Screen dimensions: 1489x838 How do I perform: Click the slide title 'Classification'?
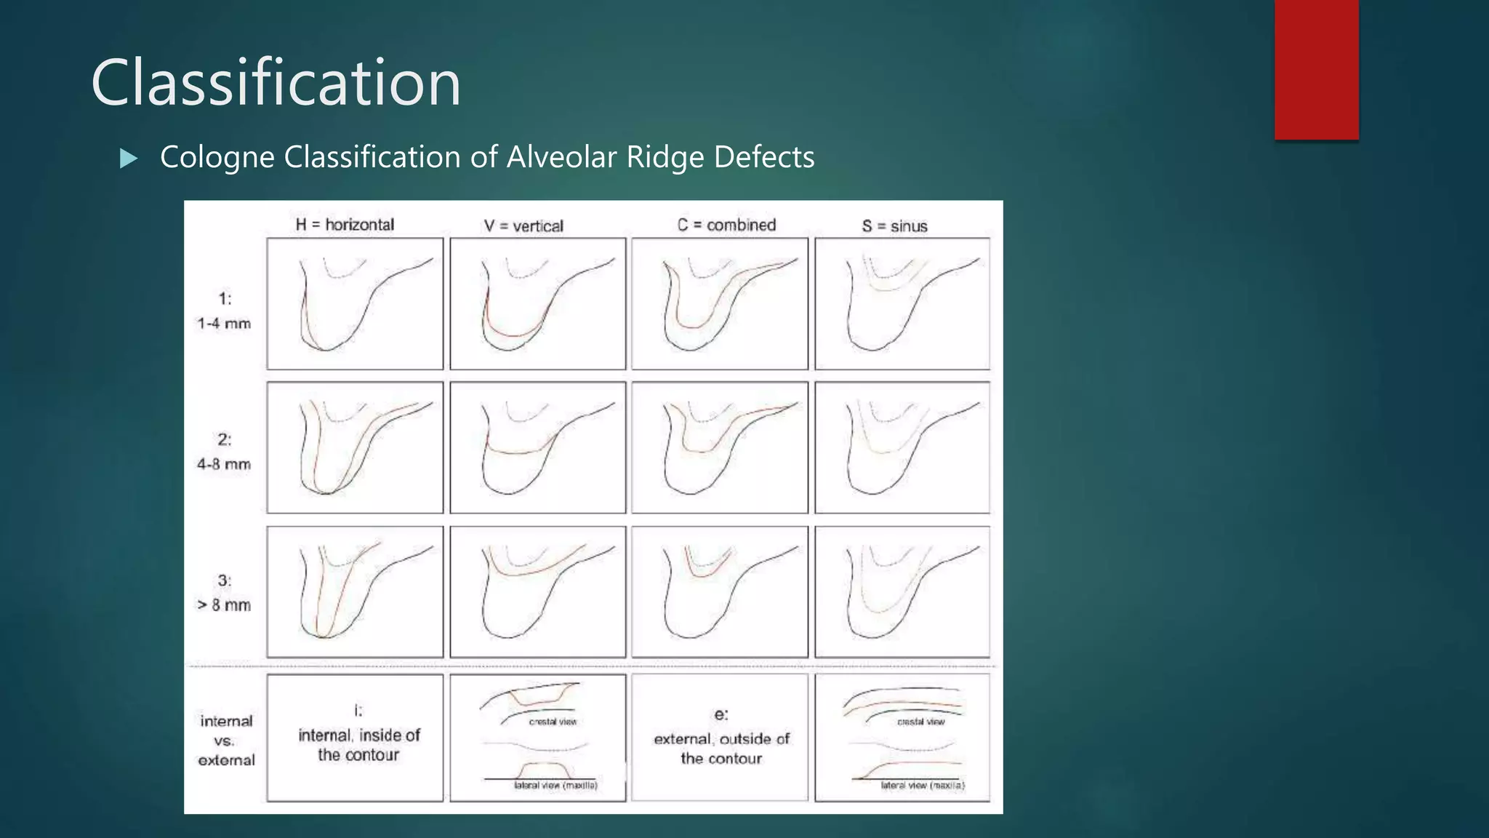(x=276, y=83)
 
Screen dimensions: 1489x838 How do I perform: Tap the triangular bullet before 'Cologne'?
(x=129, y=158)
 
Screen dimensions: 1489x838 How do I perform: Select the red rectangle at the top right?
(x=1316, y=69)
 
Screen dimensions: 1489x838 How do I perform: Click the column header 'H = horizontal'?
(x=345, y=225)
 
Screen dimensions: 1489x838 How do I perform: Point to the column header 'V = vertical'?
(x=523, y=226)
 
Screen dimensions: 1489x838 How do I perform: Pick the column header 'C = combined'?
(x=726, y=226)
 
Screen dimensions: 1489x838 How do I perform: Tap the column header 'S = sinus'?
(x=894, y=226)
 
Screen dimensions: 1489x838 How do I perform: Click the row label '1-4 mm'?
(x=224, y=324)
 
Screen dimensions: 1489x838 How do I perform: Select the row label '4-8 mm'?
(x=224, y=464)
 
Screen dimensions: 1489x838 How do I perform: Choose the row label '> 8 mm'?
(x=224, y=605)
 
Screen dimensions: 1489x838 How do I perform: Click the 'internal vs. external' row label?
(x=226, y=741)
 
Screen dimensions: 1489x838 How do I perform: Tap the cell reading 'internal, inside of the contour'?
(x=358, y=744)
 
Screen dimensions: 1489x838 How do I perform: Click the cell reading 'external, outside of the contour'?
(x=721, y=748)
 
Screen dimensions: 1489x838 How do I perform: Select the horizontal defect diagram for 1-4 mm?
(x=355, y=304)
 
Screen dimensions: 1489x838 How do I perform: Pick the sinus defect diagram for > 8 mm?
(x=902, y=592)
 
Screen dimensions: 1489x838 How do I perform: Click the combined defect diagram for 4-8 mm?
(x=720, y=447)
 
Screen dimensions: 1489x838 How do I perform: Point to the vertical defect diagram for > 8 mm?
(x=537, y=592)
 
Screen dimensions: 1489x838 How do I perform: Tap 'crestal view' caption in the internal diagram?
(x=553, y=722)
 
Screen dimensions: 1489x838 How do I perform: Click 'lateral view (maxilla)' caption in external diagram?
(x=922, y=786)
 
